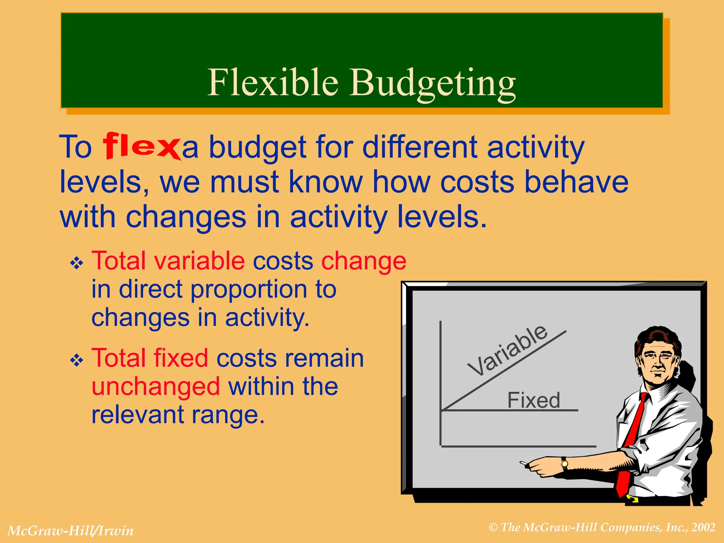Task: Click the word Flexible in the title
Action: click(x=273, y=82)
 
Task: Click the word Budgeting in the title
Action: click(x=433, y=83)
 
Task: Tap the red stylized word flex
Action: click(x=141, y=146)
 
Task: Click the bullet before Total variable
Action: click(x=77, y=263)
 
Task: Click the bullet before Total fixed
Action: click(x=77, y=361)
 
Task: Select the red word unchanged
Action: click(x=156, y=386)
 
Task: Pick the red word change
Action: click(x=363, y=262)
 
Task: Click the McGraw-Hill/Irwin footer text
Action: click(x=71, y=531)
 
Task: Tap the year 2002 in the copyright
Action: click(x=703, y=527)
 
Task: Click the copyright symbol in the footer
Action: click(x=494, y=528)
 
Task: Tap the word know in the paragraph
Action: click(x=326, y=182)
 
